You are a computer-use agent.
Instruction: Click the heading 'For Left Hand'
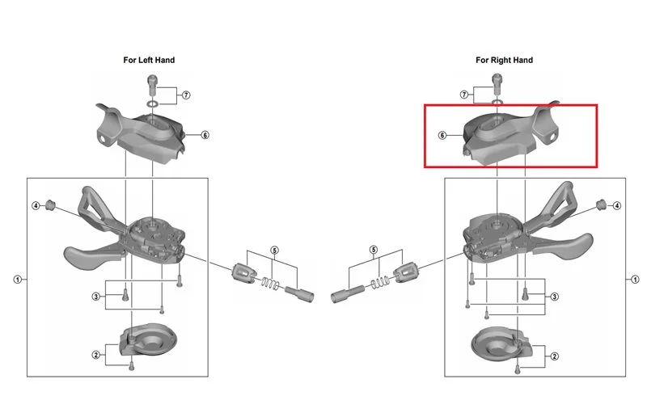(x=149, y=61)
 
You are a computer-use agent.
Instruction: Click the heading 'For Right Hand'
(x=504, y=61)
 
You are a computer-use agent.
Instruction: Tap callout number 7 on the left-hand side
(x=186, y=95)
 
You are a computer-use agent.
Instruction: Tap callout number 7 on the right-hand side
(x=464, y=95)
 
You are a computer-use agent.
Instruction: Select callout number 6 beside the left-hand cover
(x=205, y=135)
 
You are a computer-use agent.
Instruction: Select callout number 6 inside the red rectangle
(x=442, y=135)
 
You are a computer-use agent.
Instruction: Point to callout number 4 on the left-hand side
(x=36, y=205)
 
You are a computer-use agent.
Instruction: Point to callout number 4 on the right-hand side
(x=617, y=205)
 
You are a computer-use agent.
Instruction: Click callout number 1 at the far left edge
(x=17, y=280)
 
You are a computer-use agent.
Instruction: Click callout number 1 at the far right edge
(x=635, y=280)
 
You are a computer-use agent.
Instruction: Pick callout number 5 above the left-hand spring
(x=274, y=251)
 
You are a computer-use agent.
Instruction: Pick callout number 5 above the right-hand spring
(x=374, y=250)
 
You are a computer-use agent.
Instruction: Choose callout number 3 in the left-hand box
(x=96, y=296)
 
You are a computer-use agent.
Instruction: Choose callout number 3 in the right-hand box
(x=555, y=297)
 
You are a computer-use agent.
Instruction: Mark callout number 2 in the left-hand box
(x=96, y=355)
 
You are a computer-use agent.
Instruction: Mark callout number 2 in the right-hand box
(x=555, y=356)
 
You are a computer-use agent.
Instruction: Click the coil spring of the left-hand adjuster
(x=271, y=283)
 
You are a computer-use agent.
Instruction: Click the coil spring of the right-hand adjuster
(x=379, y=282)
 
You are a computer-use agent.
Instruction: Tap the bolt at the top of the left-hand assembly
(x=152, y=85)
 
